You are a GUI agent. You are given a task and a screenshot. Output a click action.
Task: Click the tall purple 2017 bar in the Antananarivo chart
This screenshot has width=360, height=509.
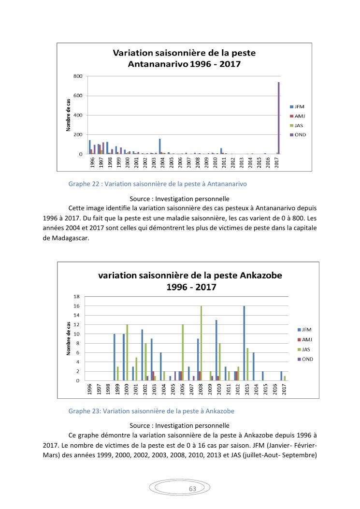click(279, 118)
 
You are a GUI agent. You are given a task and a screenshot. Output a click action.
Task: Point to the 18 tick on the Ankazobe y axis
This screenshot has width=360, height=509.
click(76, 296)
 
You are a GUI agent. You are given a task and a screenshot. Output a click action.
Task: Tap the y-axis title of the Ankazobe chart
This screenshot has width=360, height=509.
click(69, 338)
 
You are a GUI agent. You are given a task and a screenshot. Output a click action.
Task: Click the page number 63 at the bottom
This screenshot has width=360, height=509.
click(192, 489)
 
